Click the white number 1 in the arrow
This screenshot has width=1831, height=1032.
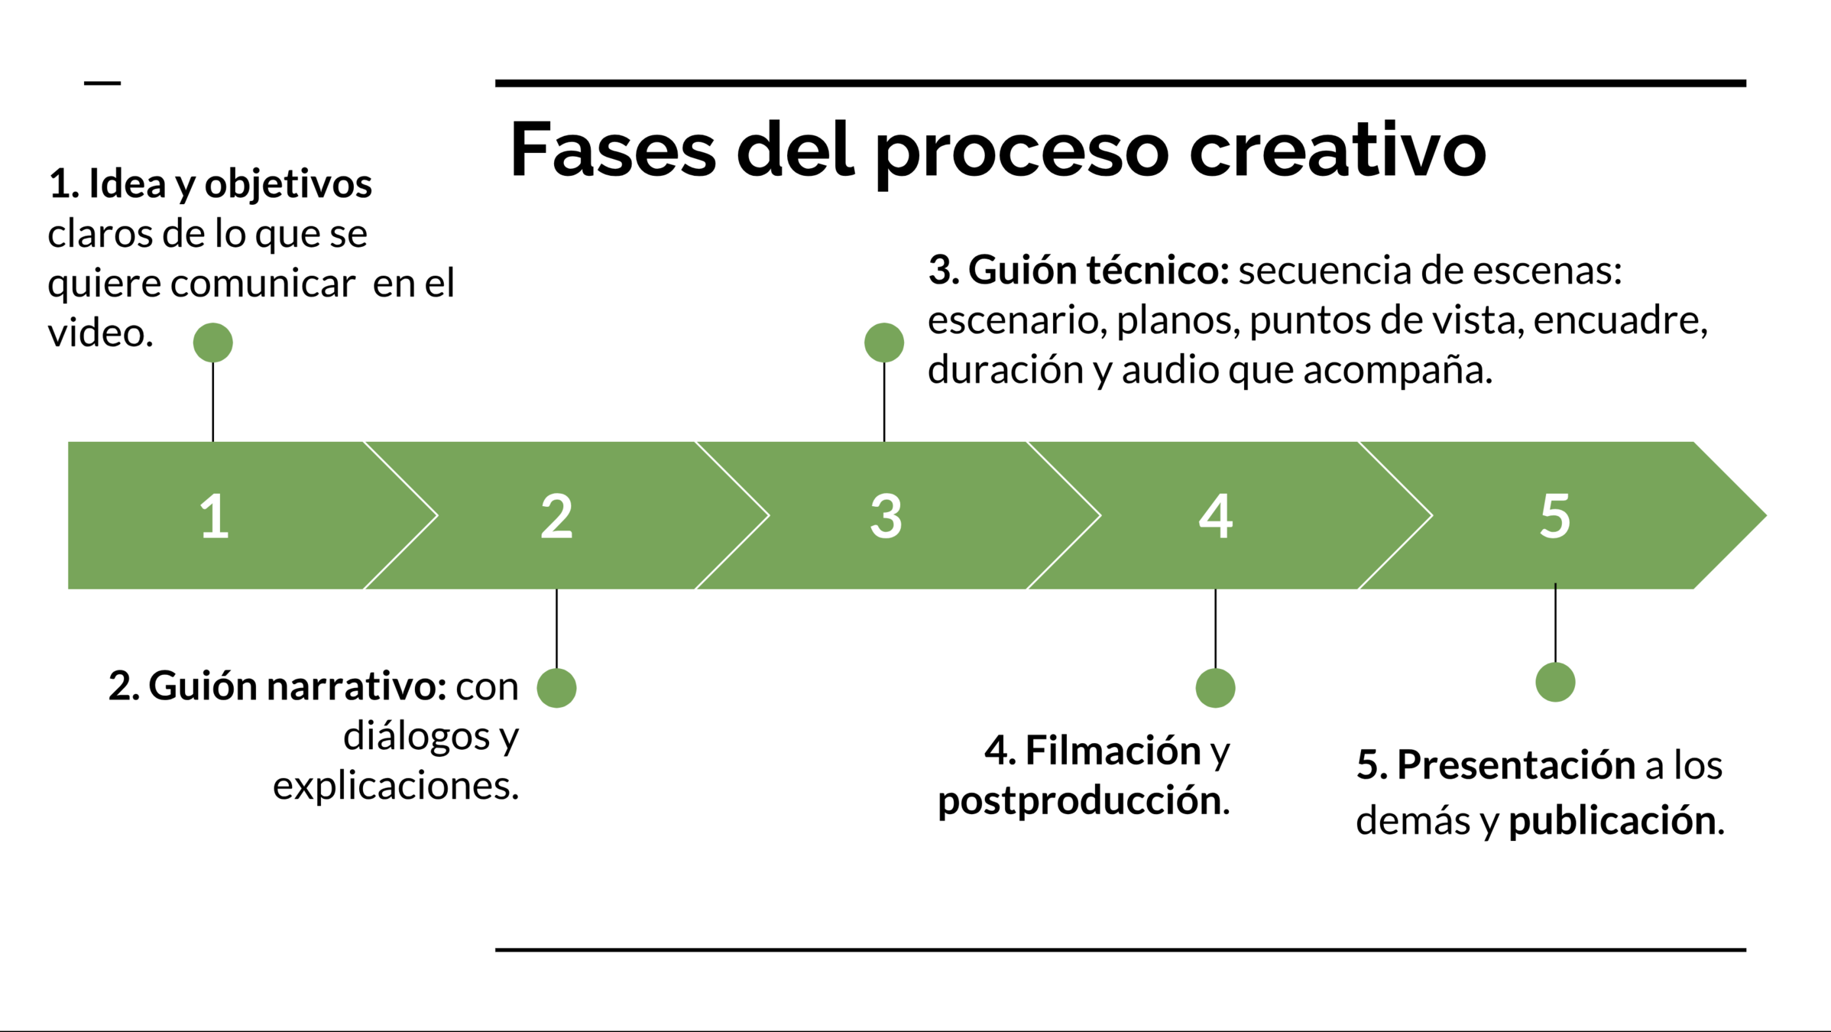point(215,517)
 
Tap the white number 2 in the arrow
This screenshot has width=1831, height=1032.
point(556,517)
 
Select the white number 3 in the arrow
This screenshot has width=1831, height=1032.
point(886,517)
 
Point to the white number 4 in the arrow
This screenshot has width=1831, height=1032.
point(1215,517)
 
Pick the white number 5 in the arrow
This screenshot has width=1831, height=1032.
point(1554,517)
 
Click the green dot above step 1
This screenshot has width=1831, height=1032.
point(213,342)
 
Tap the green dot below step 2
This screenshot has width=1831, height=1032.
point(556,688)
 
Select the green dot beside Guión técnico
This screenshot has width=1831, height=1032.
point(884,342)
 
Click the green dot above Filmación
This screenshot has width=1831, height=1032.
point(1215,688)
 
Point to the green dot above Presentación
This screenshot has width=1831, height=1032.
point(1555,682)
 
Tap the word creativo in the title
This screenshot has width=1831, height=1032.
point(1337,150)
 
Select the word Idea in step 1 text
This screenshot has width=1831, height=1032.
point(127,184)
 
